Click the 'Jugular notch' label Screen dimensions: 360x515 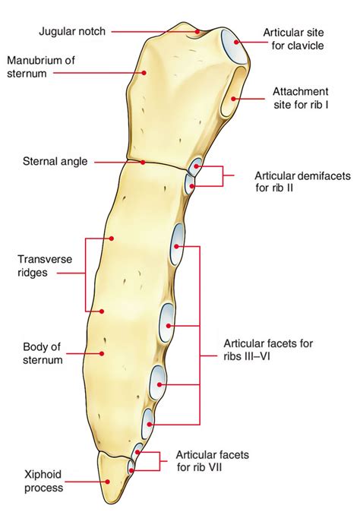pos(72,32)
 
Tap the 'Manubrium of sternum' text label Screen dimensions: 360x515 pos(41,67)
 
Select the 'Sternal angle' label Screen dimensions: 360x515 pos(55,162)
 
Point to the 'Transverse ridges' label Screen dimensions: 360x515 pos(45,266)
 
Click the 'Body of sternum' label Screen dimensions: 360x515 pos(43,353)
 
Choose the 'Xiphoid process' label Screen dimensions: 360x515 pos(44,481)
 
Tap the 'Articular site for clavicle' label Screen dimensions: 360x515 pos(293,39)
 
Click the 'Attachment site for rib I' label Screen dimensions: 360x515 pos(301,98)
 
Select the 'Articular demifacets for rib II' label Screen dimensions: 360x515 pos(302,182)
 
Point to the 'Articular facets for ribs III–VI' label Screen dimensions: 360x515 pos(268,350)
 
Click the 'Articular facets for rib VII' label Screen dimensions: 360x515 pos(212,461)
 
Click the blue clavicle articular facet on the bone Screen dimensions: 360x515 pos(234,46)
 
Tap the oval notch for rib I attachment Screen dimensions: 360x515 pos(233,92)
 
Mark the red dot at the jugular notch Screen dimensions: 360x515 pos(197,32)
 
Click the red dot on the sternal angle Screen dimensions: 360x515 pos(143,163)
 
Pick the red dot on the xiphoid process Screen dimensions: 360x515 pos(107,482)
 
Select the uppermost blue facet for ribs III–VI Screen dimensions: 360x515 pos(177,244)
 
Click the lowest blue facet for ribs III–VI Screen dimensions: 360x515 pos(147,423)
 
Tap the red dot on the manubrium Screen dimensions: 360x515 pos(144,73)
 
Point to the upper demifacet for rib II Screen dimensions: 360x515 pos(196,166)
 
